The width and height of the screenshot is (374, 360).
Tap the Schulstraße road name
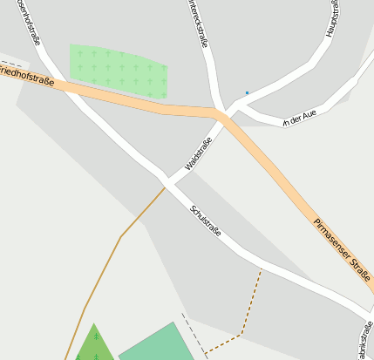(x=206, y=221)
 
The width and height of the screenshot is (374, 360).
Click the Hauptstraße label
(x=331, y=17)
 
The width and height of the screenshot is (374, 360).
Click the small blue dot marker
(x=247, y=92)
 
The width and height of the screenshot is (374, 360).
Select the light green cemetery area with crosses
(x=118, y=70)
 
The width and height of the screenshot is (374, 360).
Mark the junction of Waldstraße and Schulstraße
(x=165, y=183)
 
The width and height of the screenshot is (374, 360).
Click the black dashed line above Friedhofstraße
(x=12, y=64)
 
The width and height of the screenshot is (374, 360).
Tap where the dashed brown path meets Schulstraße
(x=261, y=268)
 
